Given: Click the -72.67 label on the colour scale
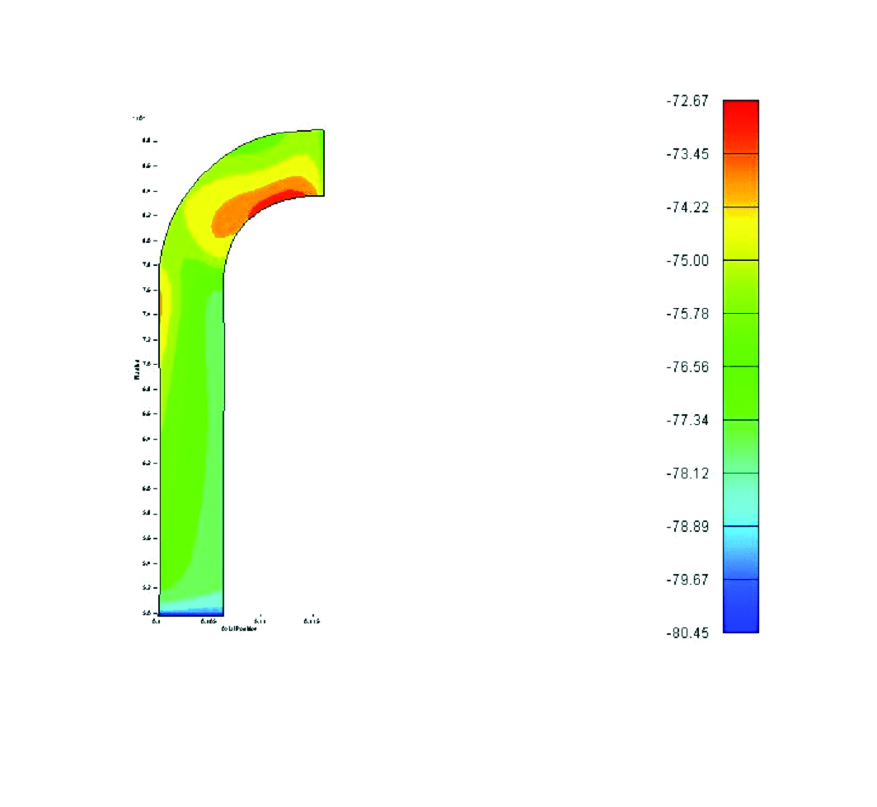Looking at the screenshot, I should pos(687,100).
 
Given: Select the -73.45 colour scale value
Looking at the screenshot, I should pos(687,154).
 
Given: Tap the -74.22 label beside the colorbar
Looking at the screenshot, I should pos(687,207).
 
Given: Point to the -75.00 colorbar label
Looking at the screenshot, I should pos(687,260).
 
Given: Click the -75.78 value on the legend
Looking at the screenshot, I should pos(687,314).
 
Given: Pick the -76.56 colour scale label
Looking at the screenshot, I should pos(687,366).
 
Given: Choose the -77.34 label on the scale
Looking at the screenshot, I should pos(687,420).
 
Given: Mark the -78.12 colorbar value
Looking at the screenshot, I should pos(687,473).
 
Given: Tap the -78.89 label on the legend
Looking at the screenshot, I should pos(687,526).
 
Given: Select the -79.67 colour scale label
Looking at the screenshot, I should pos(687,580).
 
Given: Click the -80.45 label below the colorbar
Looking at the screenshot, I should pos(687,632).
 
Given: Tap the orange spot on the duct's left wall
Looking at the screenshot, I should pos(161,309).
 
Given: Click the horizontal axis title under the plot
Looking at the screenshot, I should pos(239,628).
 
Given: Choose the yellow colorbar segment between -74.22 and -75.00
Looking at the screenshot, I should pos(740,234).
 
